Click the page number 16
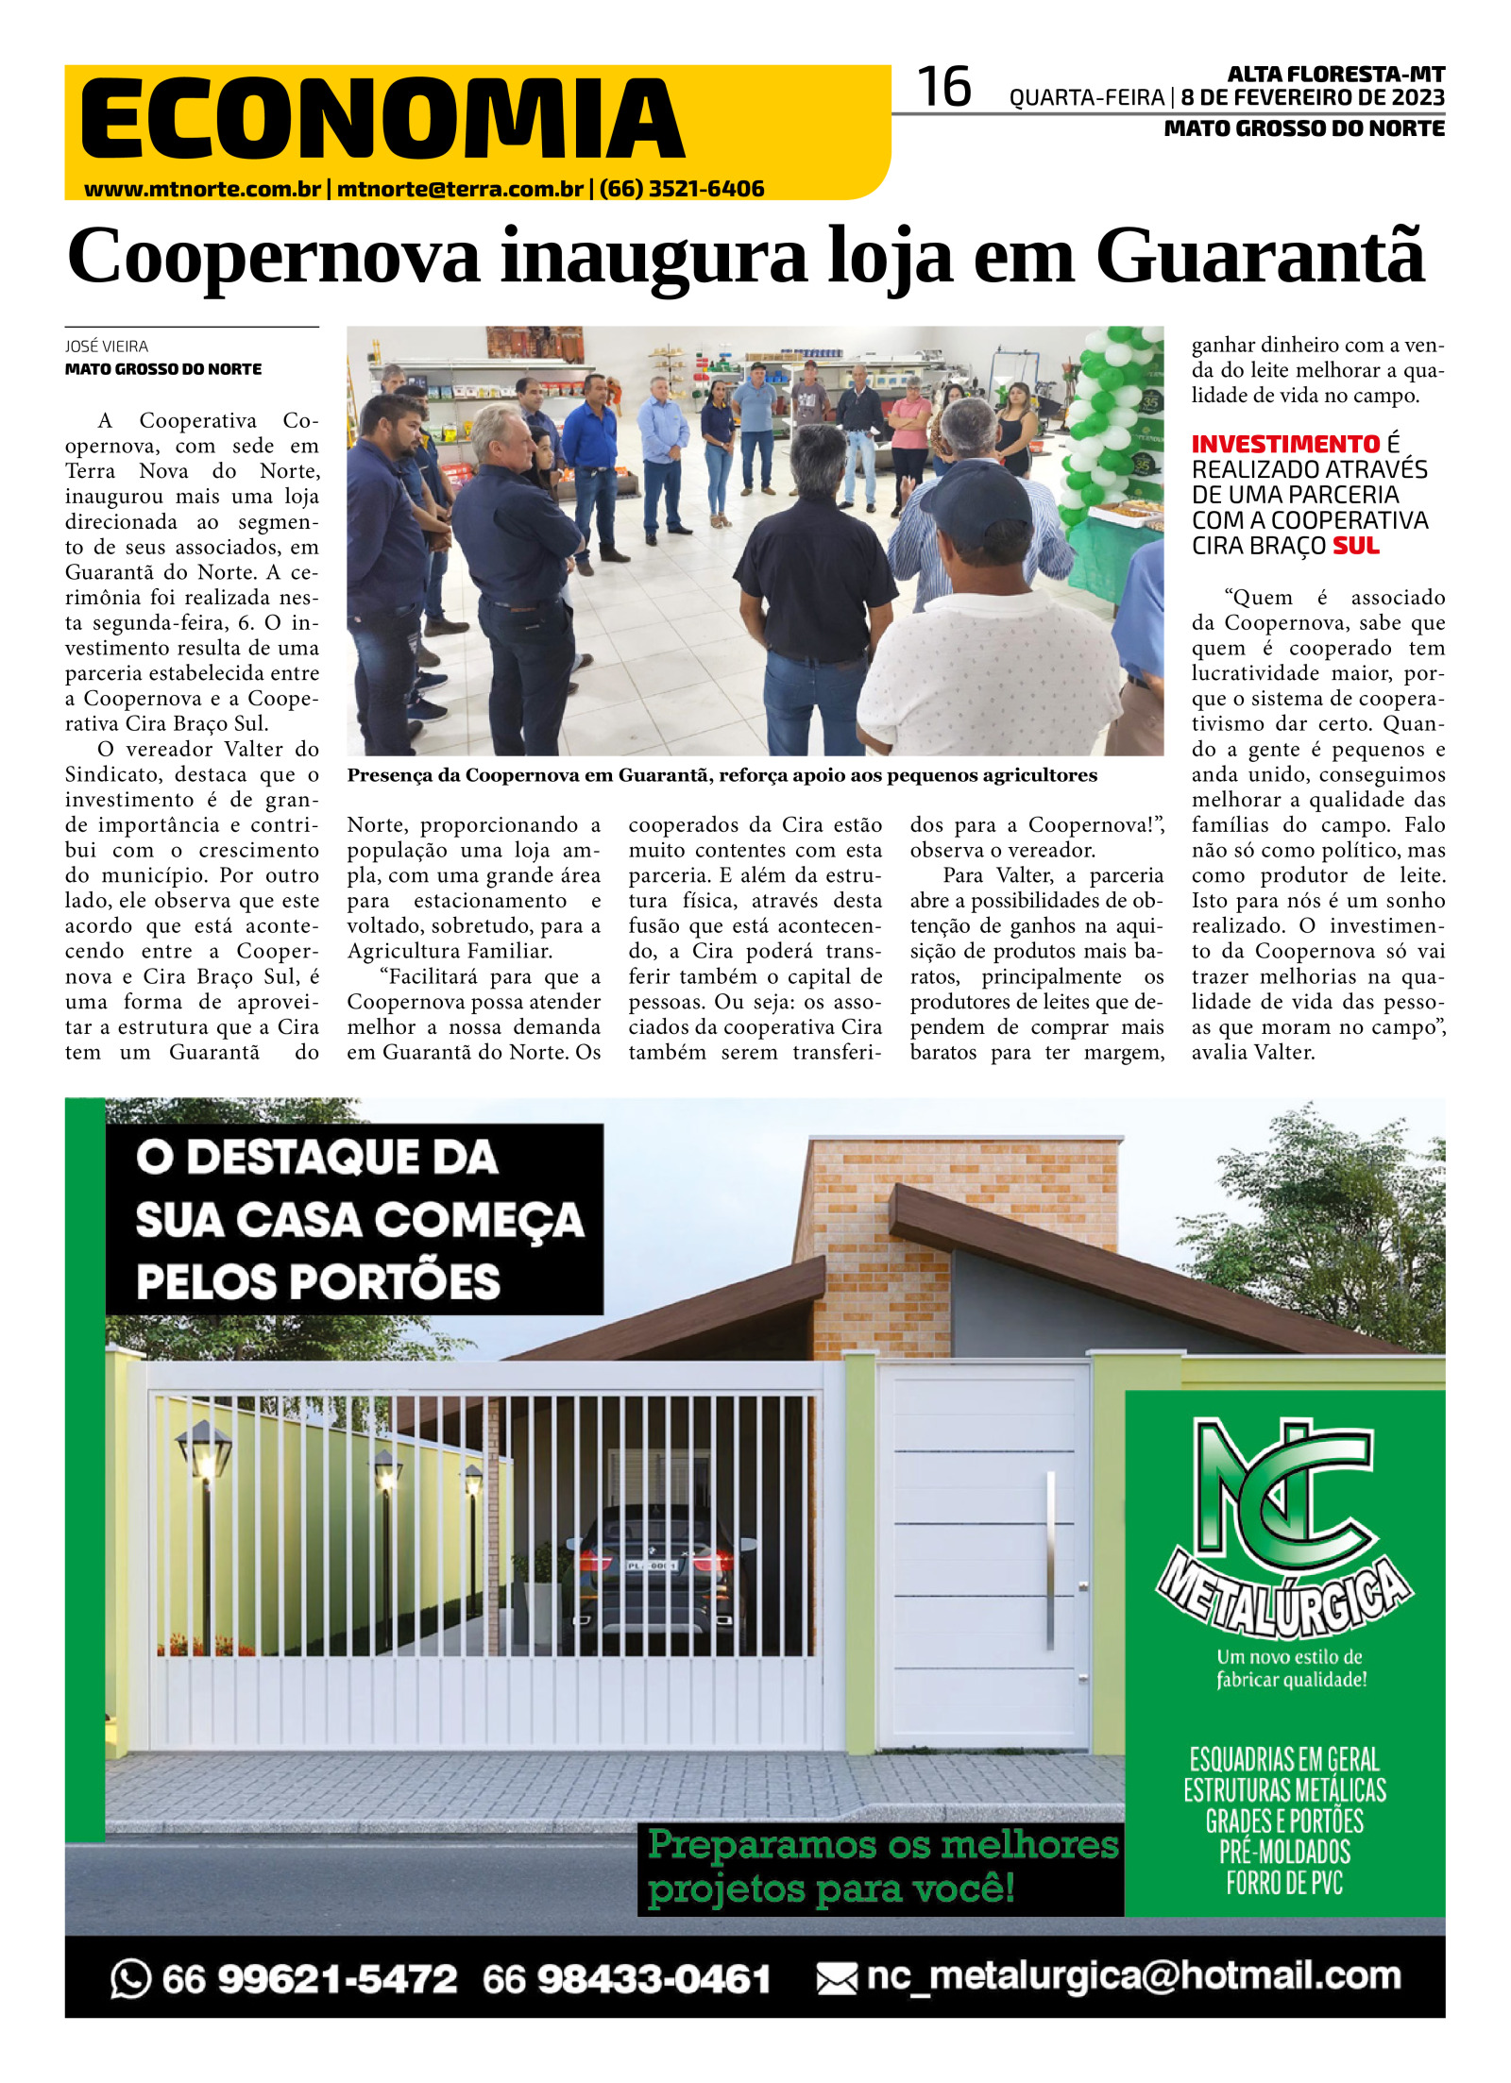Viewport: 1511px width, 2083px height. coord(943,88)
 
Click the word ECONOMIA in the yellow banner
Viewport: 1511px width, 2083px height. coord(382,119)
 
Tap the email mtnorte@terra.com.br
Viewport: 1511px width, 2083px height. coord(460,189)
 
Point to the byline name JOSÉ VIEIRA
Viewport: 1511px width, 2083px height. coord(107,347)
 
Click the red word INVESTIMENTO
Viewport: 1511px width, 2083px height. coord(1285,444)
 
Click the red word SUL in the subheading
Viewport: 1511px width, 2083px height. coord(1355,546)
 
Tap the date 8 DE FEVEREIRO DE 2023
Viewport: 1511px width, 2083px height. coord(1312,98)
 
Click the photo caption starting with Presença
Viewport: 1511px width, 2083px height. coord(722,775)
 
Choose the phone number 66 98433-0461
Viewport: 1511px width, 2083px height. coord(626,1979)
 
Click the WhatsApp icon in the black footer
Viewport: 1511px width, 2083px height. coord(130,1979)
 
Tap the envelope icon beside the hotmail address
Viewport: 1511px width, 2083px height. coord(836,1979)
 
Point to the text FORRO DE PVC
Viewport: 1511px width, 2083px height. coord(1284,1884)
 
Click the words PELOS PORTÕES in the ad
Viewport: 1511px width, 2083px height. coord(318,1281)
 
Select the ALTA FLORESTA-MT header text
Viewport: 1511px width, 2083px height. coord(1335,74)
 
